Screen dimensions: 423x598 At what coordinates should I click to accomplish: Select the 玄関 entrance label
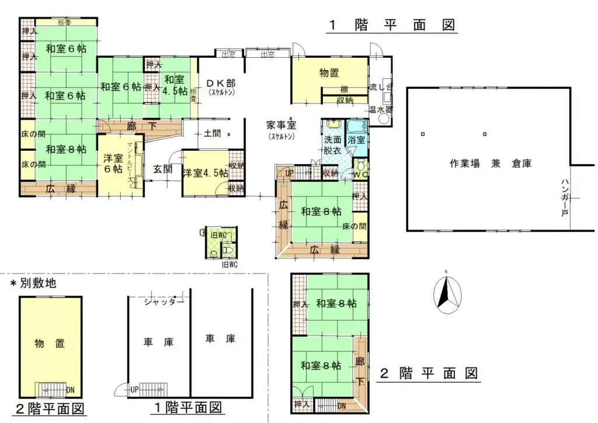(x=163, y=169)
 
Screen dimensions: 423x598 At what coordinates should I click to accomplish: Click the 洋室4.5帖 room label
(x=204, y=173)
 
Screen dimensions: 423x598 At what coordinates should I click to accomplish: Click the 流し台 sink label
(x=381, y=88)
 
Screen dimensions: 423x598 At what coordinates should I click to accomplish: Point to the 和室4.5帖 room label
(x=175, y=86)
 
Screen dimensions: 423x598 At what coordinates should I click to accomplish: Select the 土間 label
(x=212, y=133)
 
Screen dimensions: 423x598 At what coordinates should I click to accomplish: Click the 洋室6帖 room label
(x=113, y=164)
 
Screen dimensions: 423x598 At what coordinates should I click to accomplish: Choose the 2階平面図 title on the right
(x=429, y=373)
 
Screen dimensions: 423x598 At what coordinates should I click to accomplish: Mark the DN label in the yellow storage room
(x=70, y=390)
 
